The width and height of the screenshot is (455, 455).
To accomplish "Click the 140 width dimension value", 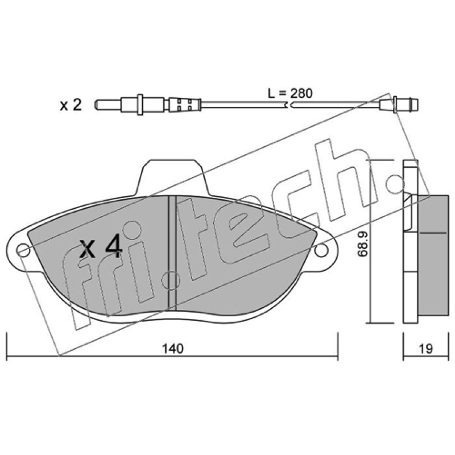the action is (x=173, y=349).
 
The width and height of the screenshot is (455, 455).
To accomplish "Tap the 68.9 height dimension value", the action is (x=362, y=244).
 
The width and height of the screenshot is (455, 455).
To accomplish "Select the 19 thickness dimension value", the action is (x=425, y=349).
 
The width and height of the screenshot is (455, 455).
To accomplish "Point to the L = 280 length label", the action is (x=290, y=93).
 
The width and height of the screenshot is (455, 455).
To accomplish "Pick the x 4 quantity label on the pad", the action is (x=101, y=246).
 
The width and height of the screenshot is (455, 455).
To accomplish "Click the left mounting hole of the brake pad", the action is (x=23, y=250).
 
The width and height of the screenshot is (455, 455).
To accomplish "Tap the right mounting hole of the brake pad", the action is (x=321, y=250).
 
